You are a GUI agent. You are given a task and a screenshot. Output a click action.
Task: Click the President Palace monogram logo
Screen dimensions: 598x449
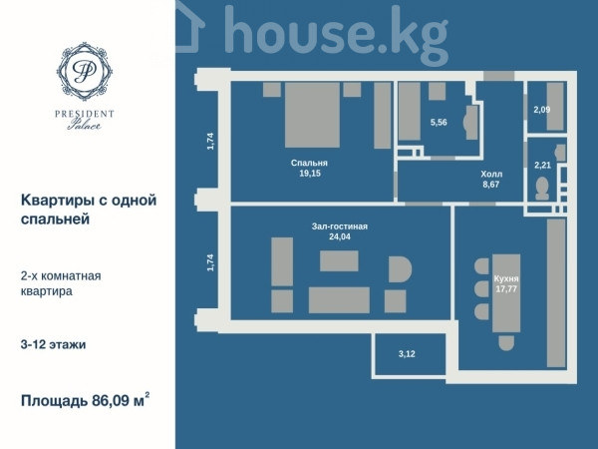click(x=85, y=72)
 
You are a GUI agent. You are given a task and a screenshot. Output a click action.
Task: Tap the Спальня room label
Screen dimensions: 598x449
click(x=309, y=163)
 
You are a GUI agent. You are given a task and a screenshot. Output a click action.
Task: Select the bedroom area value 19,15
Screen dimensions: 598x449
click(x=310, y=174)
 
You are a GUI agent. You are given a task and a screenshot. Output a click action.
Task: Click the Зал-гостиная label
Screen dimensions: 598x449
click(x=340, y=226)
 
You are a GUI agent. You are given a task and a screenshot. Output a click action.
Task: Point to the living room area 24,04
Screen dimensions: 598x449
click(x=340, y=236)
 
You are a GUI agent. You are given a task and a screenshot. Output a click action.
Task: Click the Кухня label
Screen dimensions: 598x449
click(x=506, y=278)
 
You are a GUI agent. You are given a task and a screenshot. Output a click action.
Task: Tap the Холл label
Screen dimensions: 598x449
click(x=491, y=174)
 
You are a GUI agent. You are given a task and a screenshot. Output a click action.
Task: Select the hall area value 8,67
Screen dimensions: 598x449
click(x=490, y=185)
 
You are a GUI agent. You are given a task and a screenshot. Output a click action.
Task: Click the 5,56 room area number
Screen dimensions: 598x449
click(x=439, y=123)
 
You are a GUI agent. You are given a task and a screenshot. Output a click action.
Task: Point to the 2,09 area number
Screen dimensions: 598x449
click(x=542, y=110)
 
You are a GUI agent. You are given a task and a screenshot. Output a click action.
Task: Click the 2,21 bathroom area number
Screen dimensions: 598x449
click(x=542, y=166)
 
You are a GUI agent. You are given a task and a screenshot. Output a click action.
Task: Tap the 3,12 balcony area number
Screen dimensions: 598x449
click(x=407, y=354)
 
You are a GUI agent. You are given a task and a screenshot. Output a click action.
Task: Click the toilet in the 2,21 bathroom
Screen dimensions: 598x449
click(x=542, y=189)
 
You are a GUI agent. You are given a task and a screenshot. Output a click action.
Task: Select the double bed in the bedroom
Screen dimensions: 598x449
click(x=312, y=115)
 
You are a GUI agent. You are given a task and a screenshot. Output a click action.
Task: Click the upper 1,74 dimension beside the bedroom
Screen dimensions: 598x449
click(x=210, y=141)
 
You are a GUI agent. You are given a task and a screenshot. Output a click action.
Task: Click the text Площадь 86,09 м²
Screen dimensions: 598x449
click(x=85, y=400)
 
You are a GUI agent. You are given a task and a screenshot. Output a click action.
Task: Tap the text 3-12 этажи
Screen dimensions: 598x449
click(x=53, y=345)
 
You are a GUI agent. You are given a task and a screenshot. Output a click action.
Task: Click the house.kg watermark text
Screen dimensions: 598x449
click(x=336, y=33)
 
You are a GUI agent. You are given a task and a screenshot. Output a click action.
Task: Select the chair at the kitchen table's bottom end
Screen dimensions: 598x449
click(x=506, y=343)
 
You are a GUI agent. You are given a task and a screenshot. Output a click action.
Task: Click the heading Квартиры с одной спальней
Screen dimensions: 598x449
click(x=89, y=210)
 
